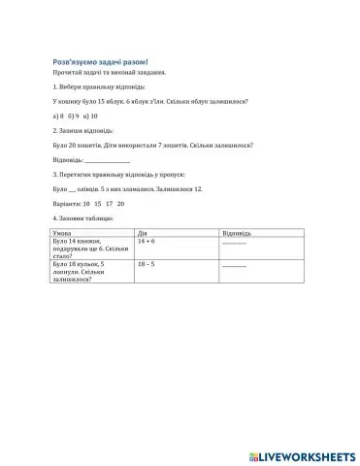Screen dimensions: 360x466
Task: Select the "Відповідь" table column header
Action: [237, 233]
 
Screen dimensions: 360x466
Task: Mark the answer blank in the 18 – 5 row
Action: [235, 266]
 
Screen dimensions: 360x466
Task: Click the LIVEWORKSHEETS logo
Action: [304, 453]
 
